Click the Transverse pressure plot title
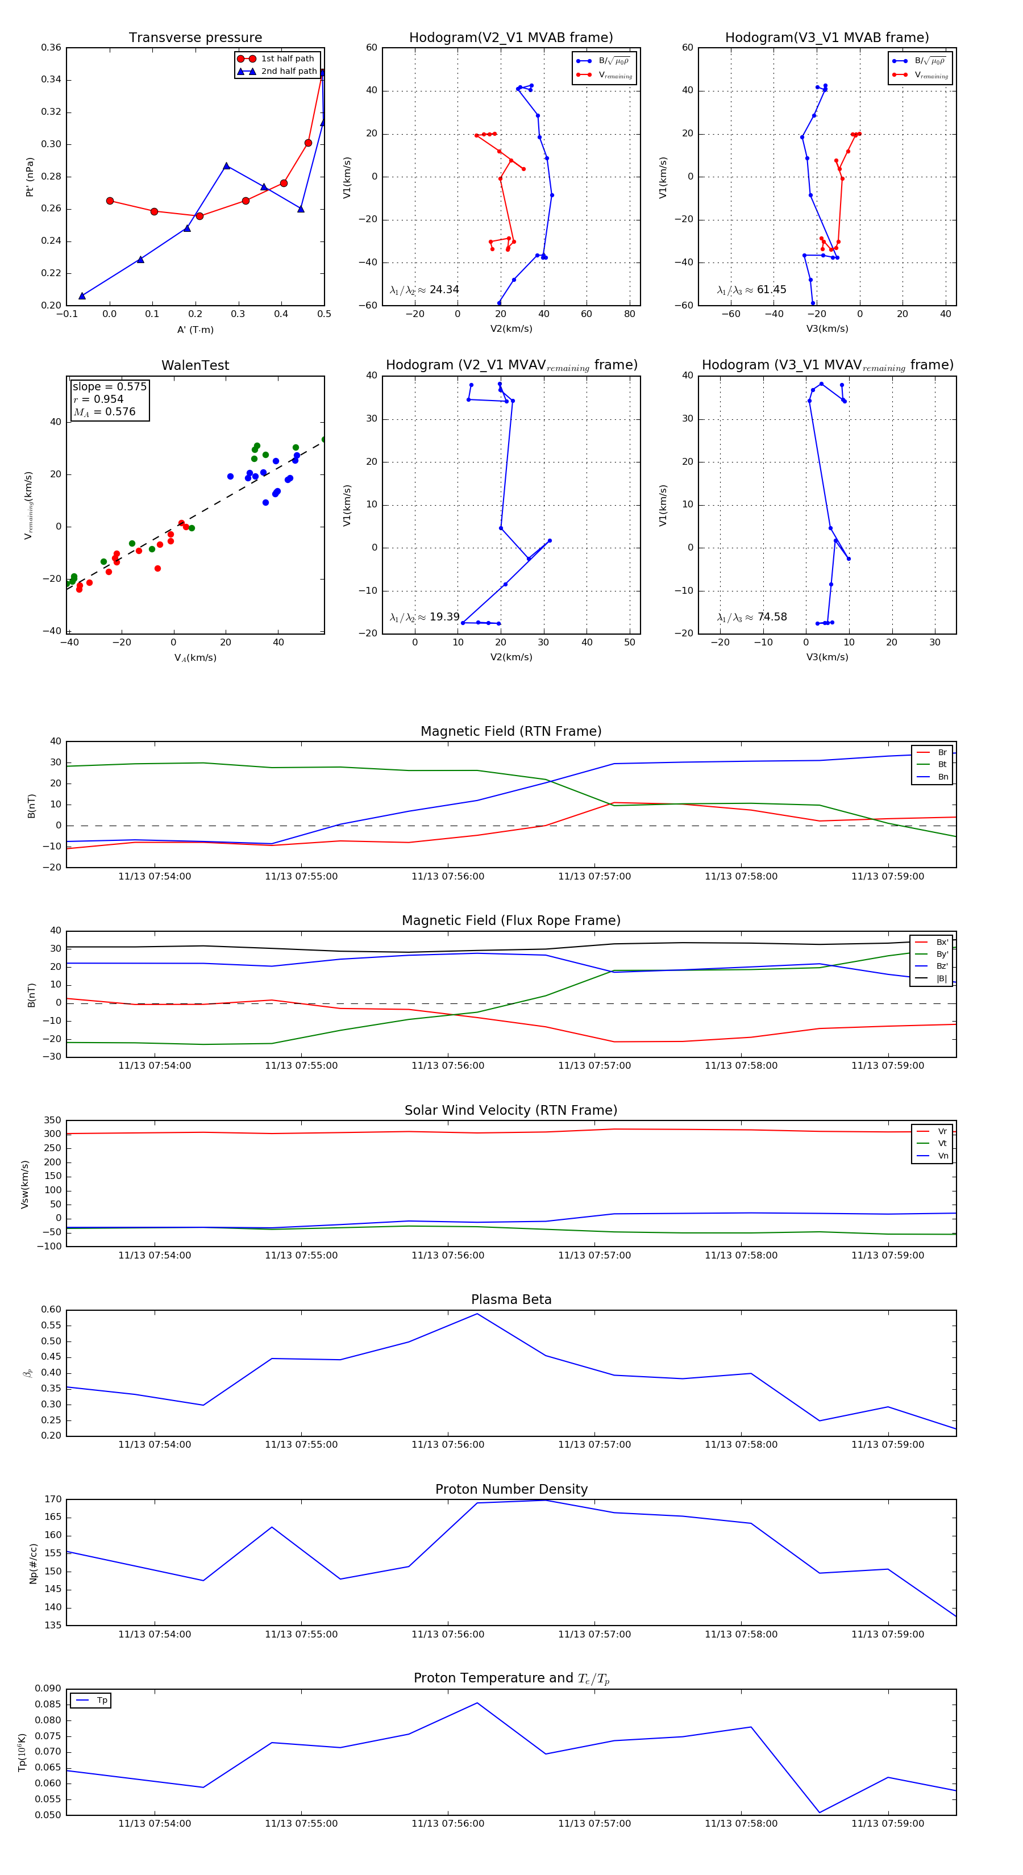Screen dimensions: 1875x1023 tap(195, 38)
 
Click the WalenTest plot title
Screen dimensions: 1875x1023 tap(195, 365)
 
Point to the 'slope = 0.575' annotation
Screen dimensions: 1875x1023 tap(109, 386)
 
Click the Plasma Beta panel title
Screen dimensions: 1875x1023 tap(511, 1299)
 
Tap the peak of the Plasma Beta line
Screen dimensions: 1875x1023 tap(477, 1314)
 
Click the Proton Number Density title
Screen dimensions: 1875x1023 tap(511, 1489)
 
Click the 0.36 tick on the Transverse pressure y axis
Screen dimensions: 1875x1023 tap(51, 48)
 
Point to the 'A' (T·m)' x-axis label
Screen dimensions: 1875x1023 tap(195, 330)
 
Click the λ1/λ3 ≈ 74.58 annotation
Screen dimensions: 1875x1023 tap(751, 617)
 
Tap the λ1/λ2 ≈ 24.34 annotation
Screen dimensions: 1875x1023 tap(424, 290)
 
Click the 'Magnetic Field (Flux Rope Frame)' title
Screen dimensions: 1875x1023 tap(511, 921)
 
